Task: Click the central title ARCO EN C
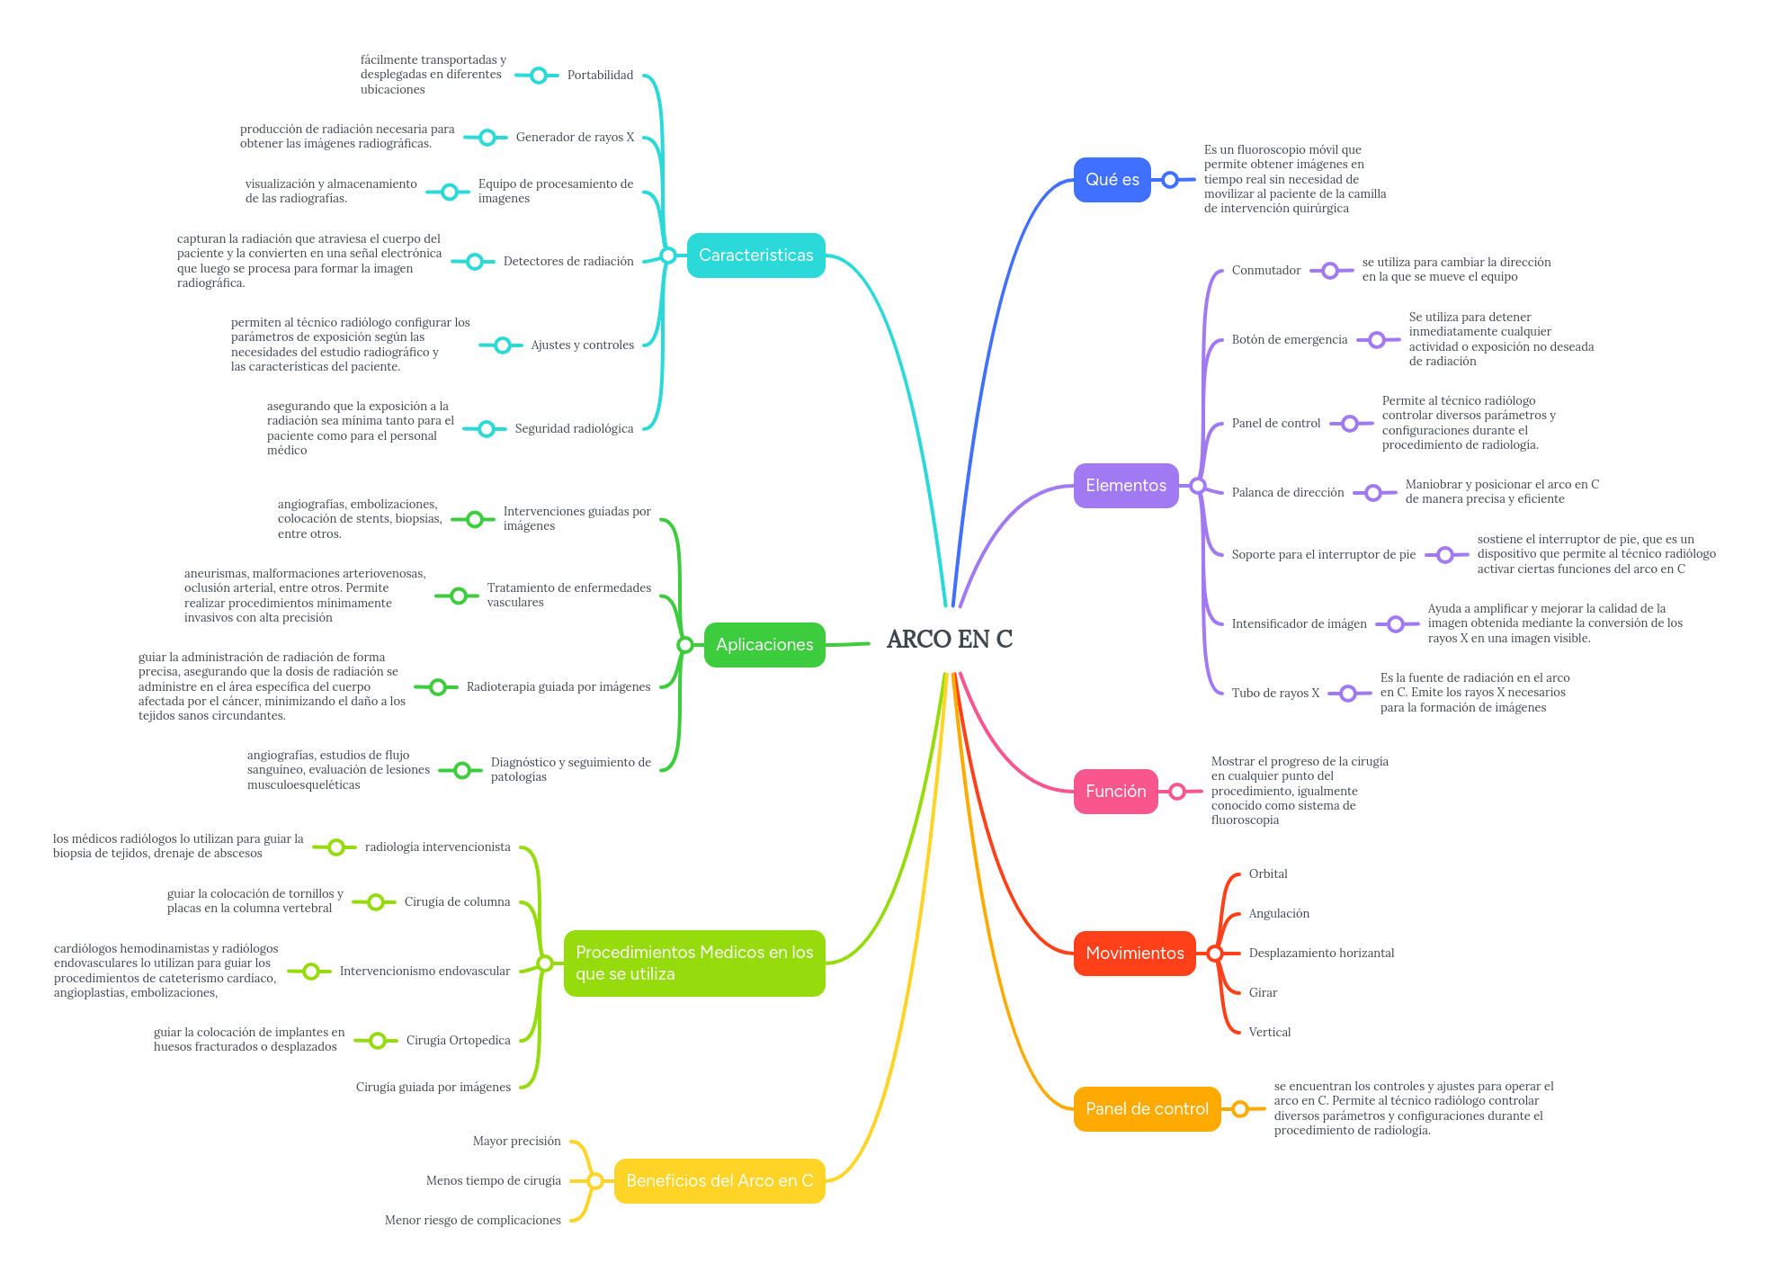tap(949, 640)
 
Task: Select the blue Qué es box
tap(1112, 180)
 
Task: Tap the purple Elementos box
tap(1125, 486)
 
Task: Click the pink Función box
tap(1115, 792)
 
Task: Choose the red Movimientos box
tap(1134, 954)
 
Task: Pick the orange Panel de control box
tap(1147, 1109)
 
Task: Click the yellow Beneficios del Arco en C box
tap(719, 1181)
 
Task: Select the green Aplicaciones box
tap(764, 645)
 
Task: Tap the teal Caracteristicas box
tap(755, 255)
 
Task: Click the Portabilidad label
tap(600, 76)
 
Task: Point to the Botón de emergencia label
tap(1289, 340)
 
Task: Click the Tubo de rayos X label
tap(1275, 694)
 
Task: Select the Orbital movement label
tap(1267, 874)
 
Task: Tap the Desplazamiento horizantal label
tap(1321, 954)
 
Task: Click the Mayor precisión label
tap(516, 1142)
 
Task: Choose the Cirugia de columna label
tap(457, 902)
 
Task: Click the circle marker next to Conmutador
tap(1330, 271)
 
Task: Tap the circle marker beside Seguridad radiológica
tap(487, 429)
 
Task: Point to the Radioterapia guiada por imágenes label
tap(558, 687)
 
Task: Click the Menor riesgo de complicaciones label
tap(472, 1221)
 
